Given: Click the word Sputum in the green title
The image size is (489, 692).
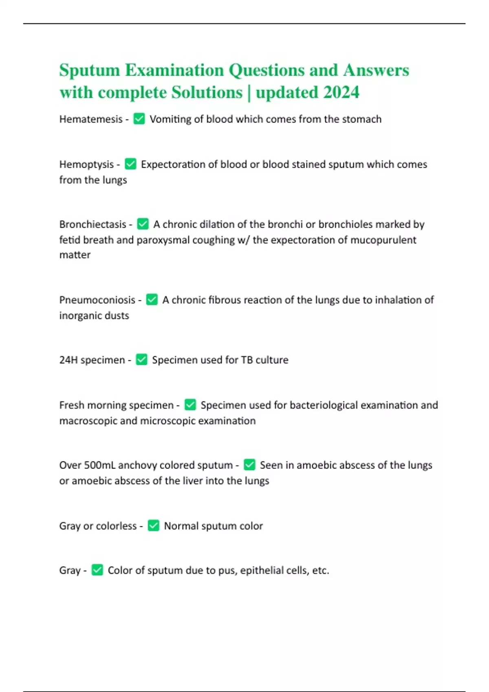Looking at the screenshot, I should tap(89, 70).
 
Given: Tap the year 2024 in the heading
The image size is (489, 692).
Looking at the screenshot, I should tap(341, 92).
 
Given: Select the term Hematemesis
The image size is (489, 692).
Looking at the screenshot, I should tap(91, 119).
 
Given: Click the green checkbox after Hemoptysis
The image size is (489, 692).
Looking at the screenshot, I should tap(130, 164).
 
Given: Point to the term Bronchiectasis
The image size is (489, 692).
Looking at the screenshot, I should tap(93, 224).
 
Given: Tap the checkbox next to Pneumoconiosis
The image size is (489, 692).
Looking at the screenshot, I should tap(152, 300).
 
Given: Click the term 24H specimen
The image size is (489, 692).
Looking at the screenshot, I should tap(92, 360).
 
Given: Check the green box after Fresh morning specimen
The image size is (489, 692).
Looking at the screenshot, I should tap(190, 405).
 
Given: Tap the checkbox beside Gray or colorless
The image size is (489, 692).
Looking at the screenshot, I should tap(153, 526).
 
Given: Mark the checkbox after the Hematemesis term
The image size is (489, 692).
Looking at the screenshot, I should tap(139, 119).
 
